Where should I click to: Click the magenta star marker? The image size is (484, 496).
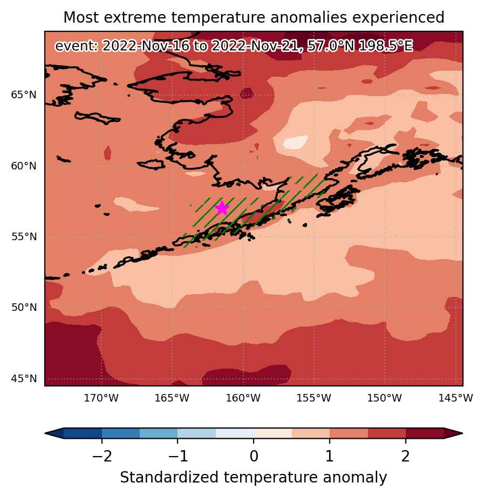[222, 208]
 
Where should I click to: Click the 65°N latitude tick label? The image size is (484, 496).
[24, 94]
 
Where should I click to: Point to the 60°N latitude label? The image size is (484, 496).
[24, 166]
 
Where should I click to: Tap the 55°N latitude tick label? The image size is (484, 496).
[24, 236]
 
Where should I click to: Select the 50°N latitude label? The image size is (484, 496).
[24, 308]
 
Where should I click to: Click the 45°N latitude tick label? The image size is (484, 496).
[24, 378]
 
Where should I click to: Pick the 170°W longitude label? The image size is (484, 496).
[101, 398]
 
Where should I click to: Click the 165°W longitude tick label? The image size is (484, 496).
[172, 398]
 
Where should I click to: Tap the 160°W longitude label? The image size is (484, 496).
[243, 398]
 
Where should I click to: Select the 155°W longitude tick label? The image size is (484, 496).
[314, 398]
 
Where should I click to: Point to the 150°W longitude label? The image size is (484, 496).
[385, 398]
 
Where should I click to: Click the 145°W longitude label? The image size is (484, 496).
[455, 398]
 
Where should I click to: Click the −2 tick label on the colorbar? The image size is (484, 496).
[102, 457]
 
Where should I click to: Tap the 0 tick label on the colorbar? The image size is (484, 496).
[254, 457]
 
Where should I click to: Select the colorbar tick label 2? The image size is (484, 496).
[406, 457]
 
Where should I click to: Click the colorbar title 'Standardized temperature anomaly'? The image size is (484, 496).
[254, 477]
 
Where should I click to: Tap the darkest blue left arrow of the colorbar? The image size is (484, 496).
[54, 433]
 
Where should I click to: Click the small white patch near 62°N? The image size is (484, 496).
[296, 142]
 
